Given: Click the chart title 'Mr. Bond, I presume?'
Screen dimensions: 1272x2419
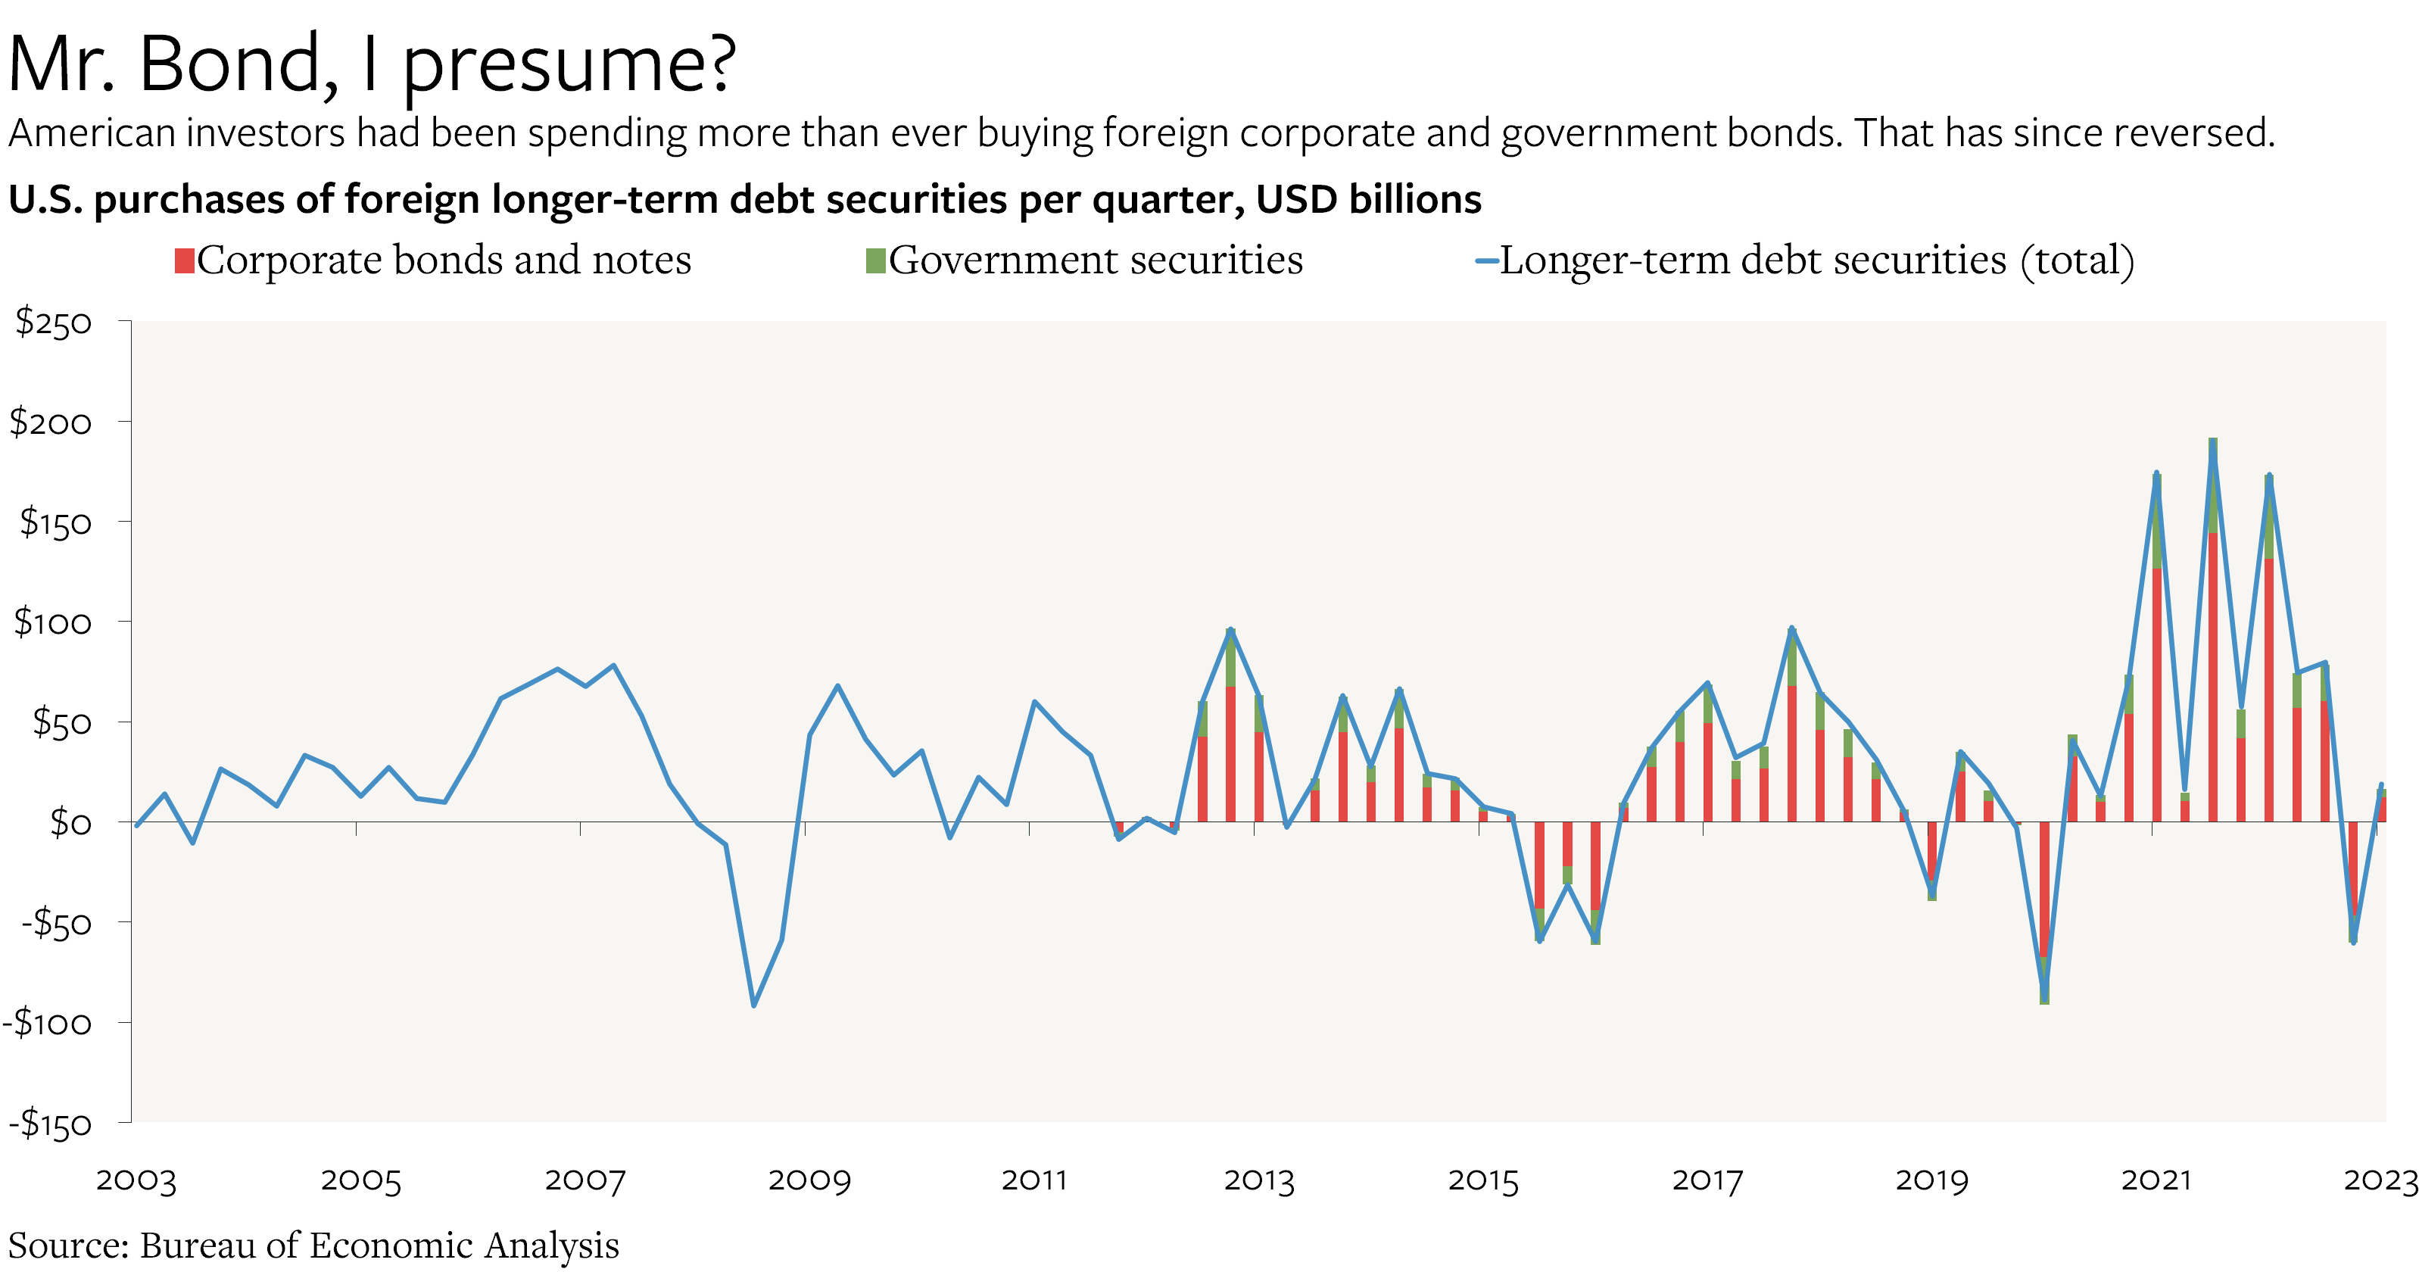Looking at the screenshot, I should click(371, 64).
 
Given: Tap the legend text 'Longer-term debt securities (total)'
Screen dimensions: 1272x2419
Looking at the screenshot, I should click(1816, 260).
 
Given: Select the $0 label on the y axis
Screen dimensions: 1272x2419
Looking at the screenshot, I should click(70, 822).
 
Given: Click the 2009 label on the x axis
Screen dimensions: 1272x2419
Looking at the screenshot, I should click(809, 1180).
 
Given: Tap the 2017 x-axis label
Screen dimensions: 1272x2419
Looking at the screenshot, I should click(1707, 1180).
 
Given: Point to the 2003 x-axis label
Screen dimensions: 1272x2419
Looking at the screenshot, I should click(136, 1180).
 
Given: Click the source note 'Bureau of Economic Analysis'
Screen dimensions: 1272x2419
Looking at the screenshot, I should click(379, 1245).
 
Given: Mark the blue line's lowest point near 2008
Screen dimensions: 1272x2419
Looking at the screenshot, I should click(753, 1005).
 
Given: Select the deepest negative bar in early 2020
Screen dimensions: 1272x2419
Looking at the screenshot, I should click(2044, 911).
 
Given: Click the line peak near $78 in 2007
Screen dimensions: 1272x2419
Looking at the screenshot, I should click(613, 666).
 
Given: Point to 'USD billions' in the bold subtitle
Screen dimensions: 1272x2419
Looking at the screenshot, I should click(1368, 199).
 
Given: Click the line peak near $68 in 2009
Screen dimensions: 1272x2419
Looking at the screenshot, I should click(837, 686).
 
